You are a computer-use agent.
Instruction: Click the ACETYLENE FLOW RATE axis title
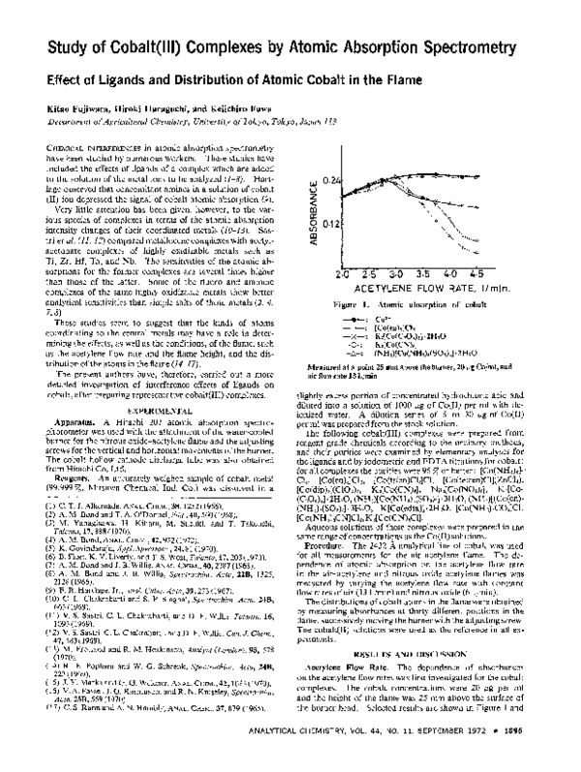click(418, 289)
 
